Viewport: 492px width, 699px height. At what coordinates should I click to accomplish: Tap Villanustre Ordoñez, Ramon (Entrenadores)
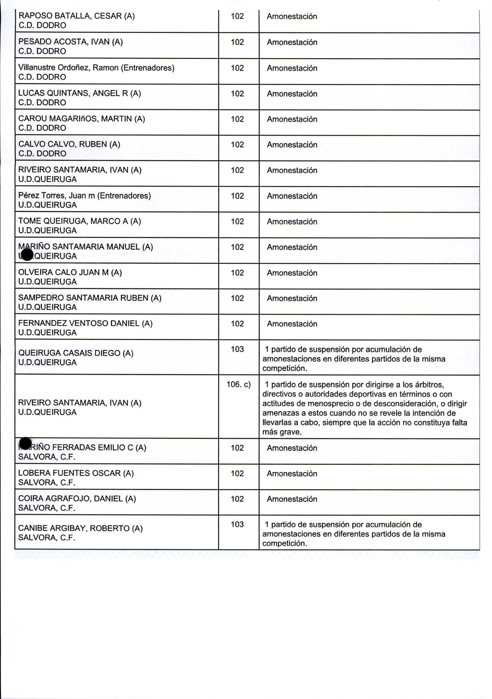click(x=96, y=68)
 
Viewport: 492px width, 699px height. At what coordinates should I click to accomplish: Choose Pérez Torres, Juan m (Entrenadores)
click(x=84, y=195)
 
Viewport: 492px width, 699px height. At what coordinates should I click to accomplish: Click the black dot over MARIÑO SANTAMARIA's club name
click(x=27, y=255)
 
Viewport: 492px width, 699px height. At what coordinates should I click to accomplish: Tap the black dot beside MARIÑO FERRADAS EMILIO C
click(x=25, y=443)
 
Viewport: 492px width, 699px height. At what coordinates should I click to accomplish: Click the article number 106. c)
click(x=238, y=384)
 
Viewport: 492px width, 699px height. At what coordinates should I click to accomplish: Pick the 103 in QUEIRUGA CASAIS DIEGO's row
click(x=237, y=349)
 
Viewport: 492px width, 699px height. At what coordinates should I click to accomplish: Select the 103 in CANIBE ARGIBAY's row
click(x=237, y=524)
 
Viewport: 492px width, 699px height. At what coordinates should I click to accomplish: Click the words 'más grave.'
click(x=282, y=432)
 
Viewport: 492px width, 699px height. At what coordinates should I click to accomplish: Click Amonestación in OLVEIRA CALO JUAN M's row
click(x=292, y=273)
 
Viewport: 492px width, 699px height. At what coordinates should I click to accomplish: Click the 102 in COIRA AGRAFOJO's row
click(x=237, y=499)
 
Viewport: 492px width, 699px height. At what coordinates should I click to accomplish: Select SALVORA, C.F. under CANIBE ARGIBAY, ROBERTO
click(x=46, y=538)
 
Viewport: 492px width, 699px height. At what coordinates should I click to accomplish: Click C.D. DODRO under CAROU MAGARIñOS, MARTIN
click(x=42, y=128)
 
